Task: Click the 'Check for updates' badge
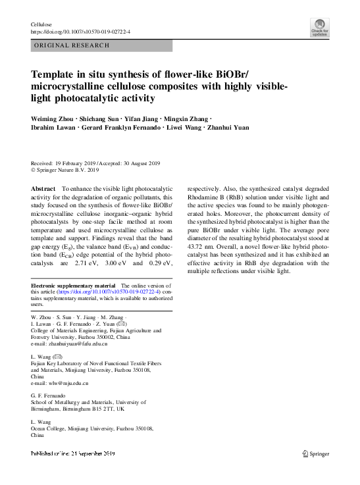point(319,28)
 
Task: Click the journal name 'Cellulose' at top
point(41,24)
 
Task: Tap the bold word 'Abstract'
point(44,188)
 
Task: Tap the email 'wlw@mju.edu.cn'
point(60,382)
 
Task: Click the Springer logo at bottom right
point(316,453)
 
